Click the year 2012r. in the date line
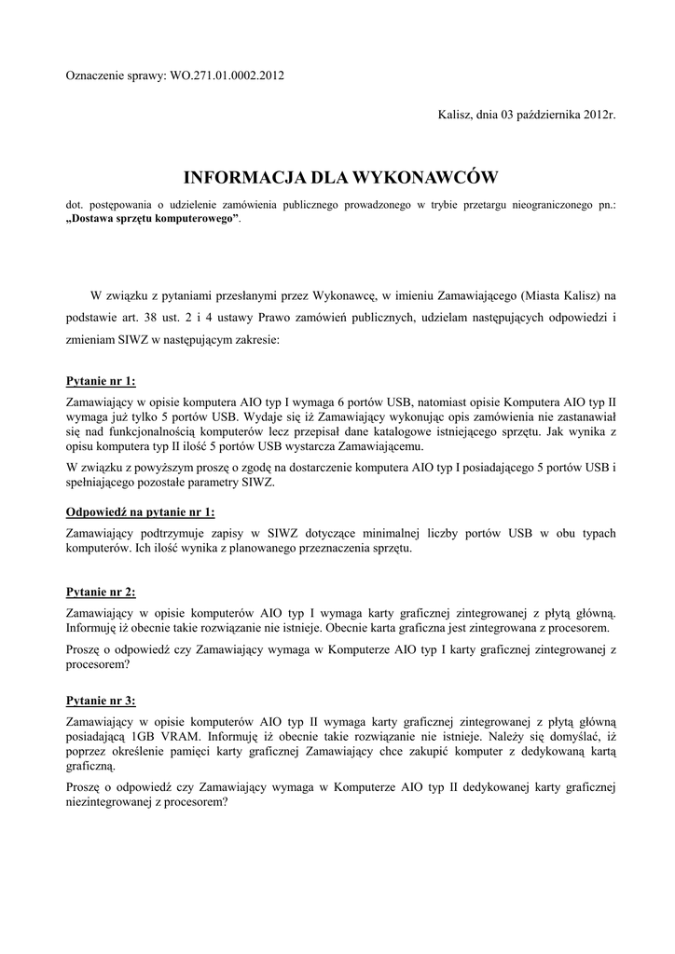(594, 115)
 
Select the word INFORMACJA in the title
(241, 176)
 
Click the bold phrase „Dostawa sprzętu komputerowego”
(152, 217)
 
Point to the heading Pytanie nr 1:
(100, 381)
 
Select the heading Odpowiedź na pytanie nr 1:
(140, 512)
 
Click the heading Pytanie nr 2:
(100, 592)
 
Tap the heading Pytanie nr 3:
(100, 700)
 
